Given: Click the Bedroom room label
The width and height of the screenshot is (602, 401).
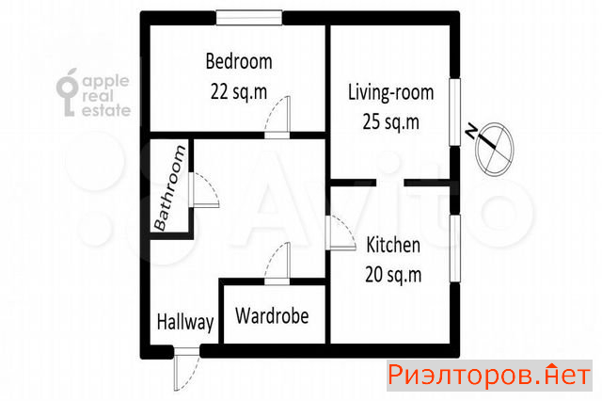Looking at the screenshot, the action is (239, 61).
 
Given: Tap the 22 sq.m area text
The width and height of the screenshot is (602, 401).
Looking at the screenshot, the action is (239, 92).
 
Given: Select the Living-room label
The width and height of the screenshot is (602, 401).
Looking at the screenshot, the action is (391, 92).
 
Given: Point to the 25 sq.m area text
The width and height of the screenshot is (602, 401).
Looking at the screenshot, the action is (391, 122).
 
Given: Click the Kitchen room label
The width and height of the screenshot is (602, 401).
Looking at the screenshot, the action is (393, 245).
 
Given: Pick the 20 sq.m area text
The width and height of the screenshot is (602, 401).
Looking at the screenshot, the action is (393, 275).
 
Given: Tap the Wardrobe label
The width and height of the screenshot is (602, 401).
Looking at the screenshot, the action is (272, 315).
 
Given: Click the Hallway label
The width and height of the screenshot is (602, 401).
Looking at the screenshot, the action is (185, 322).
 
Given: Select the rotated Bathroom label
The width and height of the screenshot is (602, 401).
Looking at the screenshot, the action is (169, 188).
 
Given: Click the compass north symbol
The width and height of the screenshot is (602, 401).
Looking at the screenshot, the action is (494, 149).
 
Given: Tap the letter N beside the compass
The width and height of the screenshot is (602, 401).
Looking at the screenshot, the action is (471, 132).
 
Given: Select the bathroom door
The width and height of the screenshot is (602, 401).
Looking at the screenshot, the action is (204, 190).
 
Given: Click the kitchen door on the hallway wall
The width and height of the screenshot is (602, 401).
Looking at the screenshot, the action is (341, 233).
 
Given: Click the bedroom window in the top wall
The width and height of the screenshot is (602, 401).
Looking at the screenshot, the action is (248, 18).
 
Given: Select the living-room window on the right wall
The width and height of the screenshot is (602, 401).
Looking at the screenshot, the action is (454, 112).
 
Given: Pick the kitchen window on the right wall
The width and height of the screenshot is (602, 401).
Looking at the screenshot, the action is (454, 249).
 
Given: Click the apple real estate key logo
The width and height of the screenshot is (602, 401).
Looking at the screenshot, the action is (69, 93).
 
